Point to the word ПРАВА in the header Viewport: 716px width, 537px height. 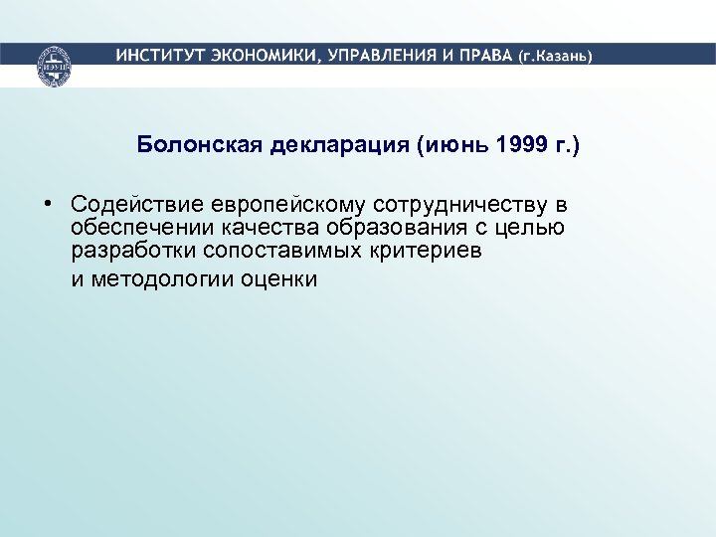pyautogui.click(x=483, y=55)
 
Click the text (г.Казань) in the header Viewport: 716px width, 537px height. pyautogui.click(x=554, y=56)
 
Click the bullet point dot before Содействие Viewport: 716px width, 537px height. pyautogui.click(x=48, y=204)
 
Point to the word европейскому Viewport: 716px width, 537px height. pyautogui.click(x=288, y=205)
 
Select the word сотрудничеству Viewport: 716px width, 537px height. pyautogui.click(x=462, y=205)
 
